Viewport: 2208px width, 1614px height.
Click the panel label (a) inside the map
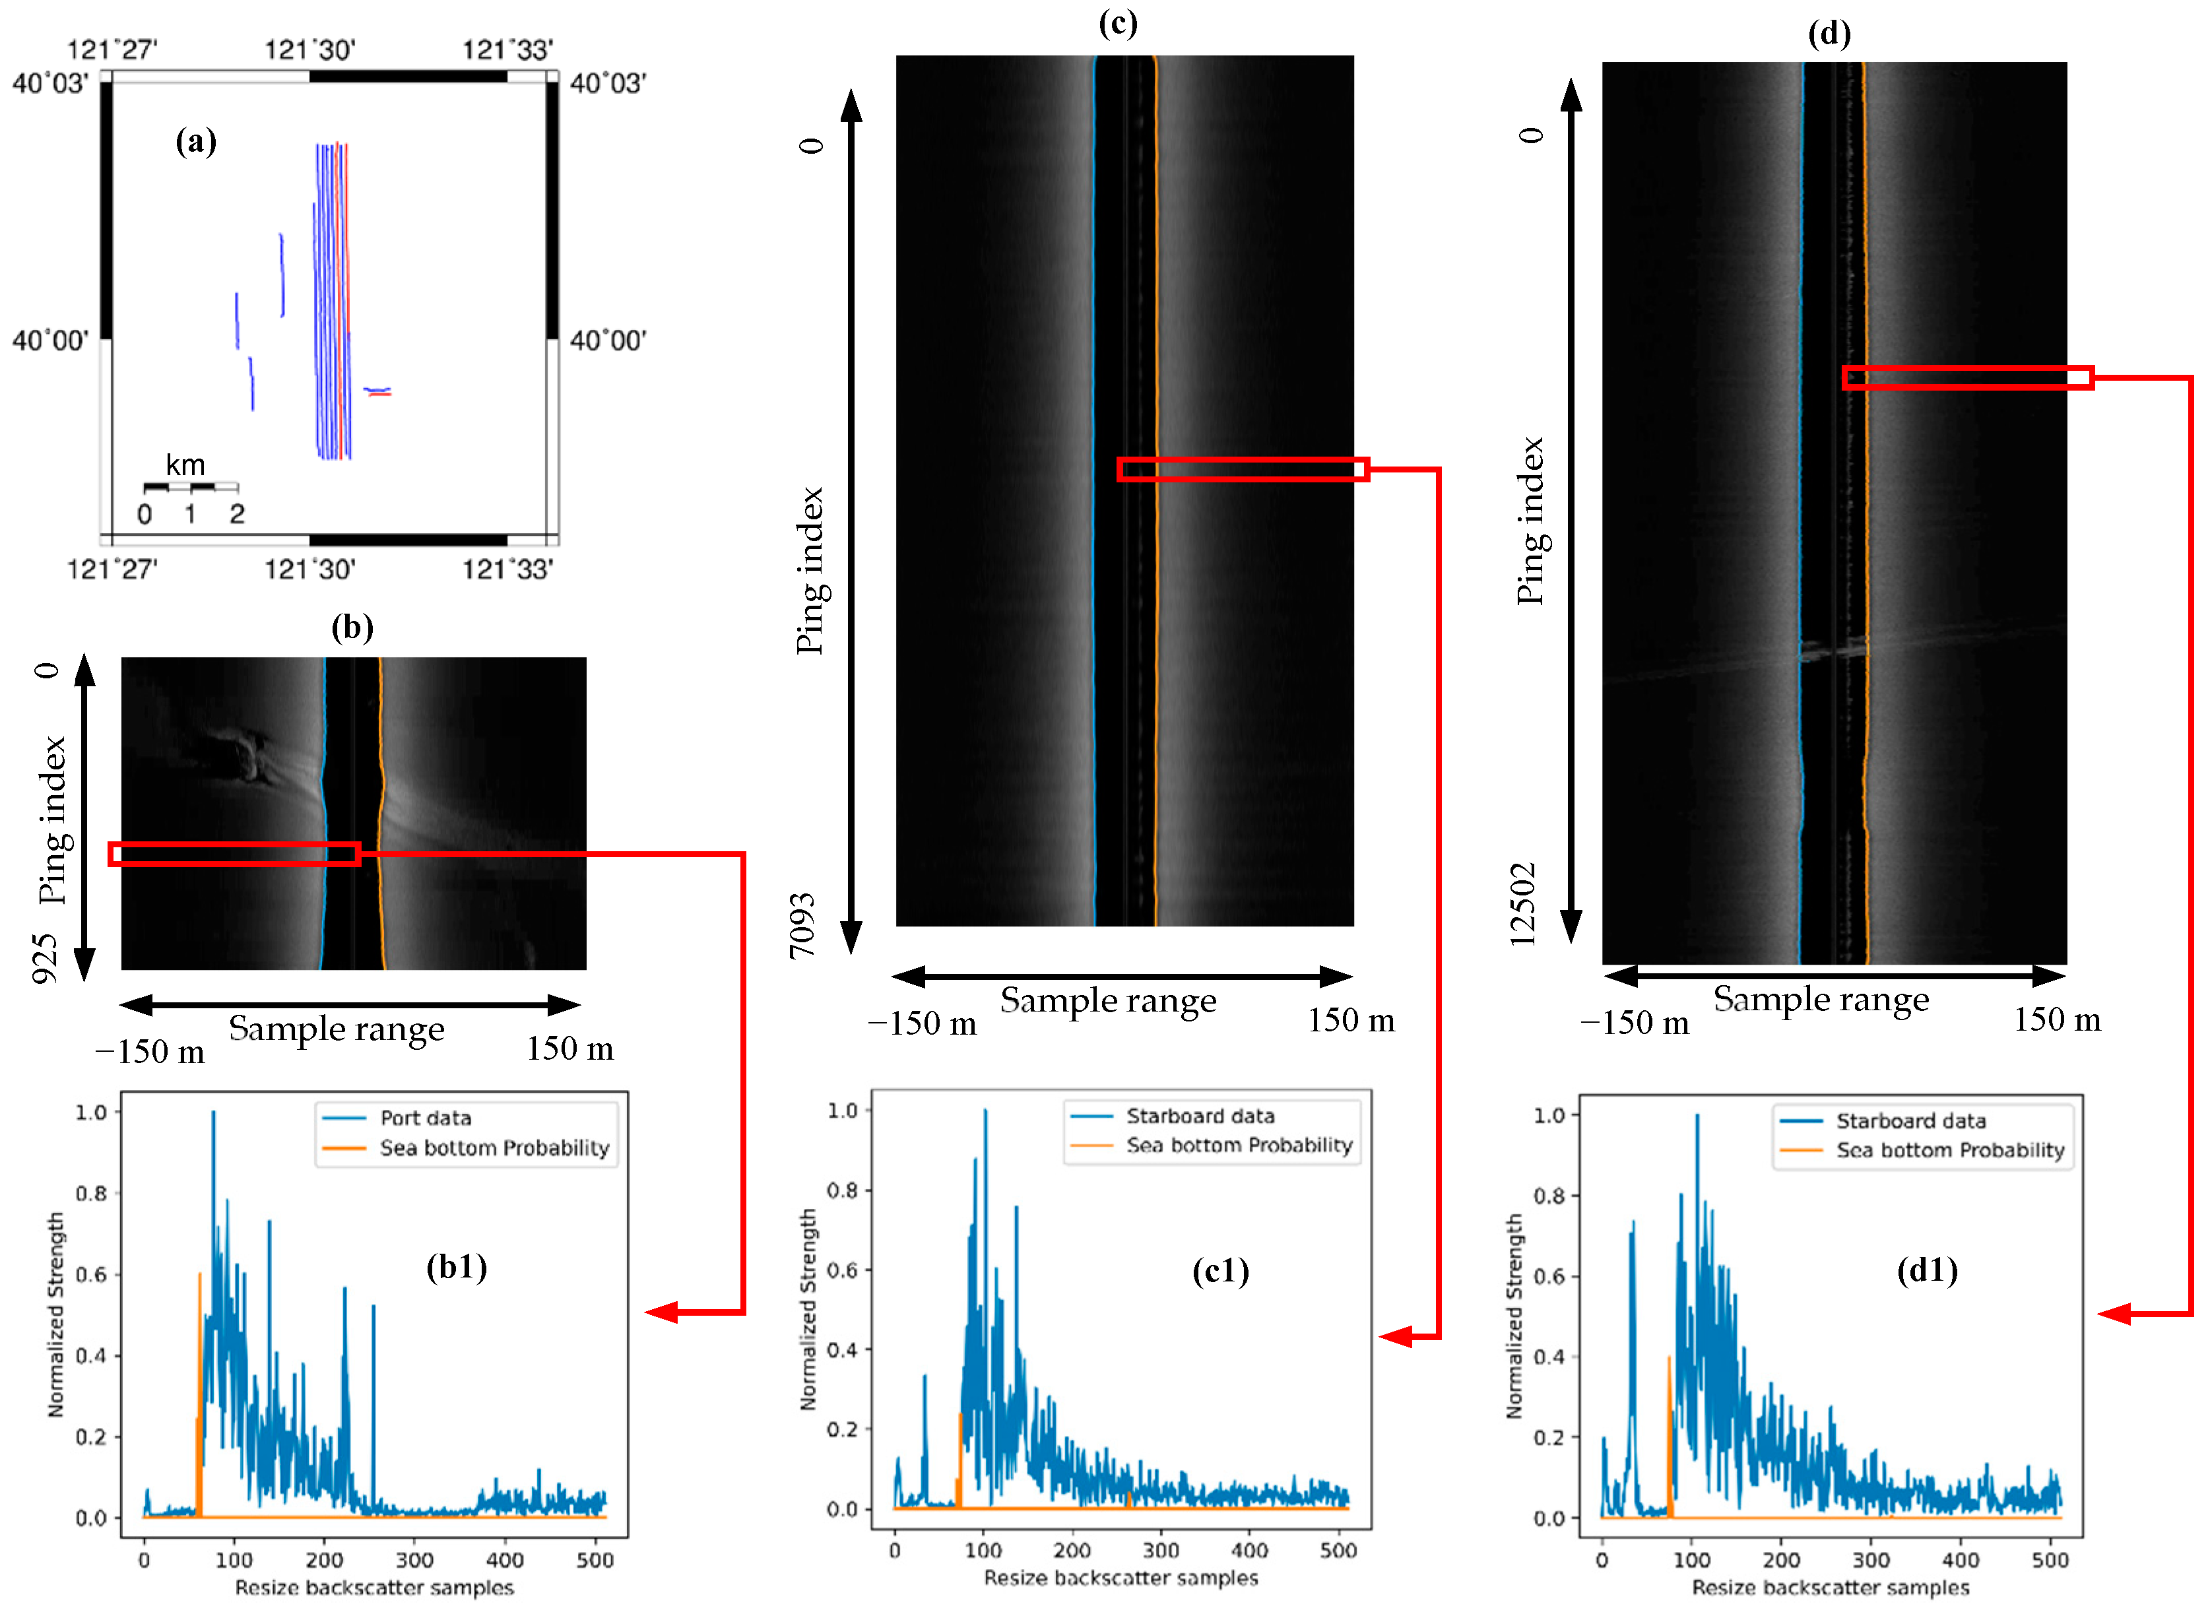195,142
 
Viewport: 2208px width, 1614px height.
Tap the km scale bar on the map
191,486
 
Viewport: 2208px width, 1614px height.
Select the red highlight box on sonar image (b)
234,854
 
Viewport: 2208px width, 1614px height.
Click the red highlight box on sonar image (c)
1243,469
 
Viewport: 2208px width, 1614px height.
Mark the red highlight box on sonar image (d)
1966,377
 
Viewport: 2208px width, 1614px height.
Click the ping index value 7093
802,925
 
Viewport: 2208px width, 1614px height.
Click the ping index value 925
45,957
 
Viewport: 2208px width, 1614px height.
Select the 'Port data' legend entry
425,1118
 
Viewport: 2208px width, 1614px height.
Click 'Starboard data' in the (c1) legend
1200,1116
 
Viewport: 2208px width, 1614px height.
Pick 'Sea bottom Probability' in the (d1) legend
1949,1150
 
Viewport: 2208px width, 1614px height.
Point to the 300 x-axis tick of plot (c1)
1161,1551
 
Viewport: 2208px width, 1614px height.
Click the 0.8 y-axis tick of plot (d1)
1549,1196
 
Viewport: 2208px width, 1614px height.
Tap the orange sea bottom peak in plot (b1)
199,1274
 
